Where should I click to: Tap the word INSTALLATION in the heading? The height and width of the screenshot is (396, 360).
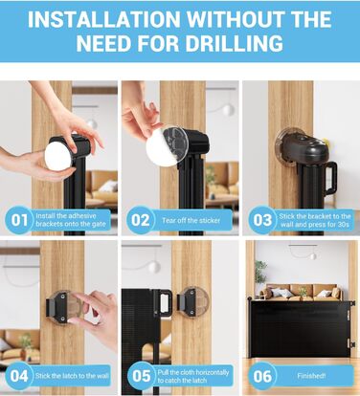pyautogui.click(x=104, y=19)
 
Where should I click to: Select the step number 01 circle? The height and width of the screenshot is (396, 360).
pyautogui.click(x=18, y=220)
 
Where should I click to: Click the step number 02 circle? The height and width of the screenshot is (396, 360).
pyautogui.click(x=140, y=220)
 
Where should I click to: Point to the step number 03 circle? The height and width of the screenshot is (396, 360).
pyautogui.click(x=262, y=220)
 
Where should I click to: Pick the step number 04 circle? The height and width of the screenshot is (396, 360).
pyautogui.click(x=18, y=376)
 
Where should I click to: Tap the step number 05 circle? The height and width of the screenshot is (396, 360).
pyautogui.click(x=141, y=376)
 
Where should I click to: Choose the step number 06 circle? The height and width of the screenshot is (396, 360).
pyautogui.click(x=262, y=376)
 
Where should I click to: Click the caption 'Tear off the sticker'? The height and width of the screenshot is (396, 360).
pyautogui.click(x=191, y=220)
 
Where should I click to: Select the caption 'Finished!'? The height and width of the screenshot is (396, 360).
pyautogui.click(x=311, y=376)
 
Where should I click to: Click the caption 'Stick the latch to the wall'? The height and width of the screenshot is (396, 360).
pyautogui.click(x=72, y=376)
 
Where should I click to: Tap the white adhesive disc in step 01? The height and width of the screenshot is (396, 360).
pyautogui.click(x=57, y=157)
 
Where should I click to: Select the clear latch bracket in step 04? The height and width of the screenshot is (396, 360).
pyautogui.click(x=64, y=307)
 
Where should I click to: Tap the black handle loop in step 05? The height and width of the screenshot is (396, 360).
pyautogui.click(x=166, y=305)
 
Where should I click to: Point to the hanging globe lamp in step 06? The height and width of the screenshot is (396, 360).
pyautogui.click(x=313, y=255)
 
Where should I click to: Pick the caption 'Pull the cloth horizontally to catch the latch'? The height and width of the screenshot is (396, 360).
pyautogui.click(x=193, y=376)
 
